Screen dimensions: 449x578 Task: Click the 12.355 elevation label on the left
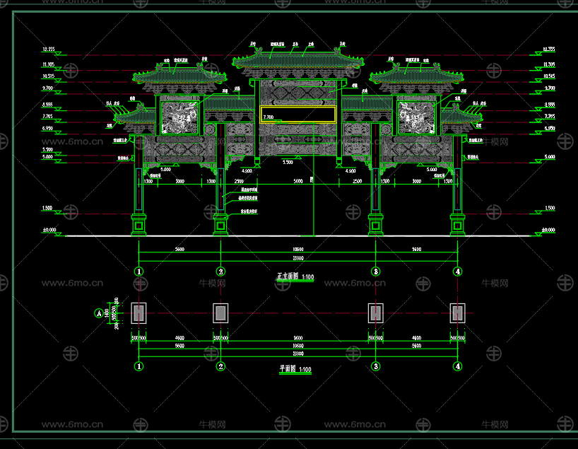tap(49, 49)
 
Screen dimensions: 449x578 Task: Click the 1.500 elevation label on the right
tap(550, 209)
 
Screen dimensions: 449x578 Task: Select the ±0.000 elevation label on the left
tap(49, 230)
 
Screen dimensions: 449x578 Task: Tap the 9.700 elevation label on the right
tap(550, 88)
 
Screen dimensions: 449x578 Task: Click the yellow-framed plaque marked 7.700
tap(297, 115)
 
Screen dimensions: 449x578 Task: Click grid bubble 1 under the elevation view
tap(139, 272)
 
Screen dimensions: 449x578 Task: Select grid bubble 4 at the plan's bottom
tap(458, 366)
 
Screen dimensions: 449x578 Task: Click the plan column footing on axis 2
tap(220, 313)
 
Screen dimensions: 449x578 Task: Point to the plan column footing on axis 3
tap(376, 313)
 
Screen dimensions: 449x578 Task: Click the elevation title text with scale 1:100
tap(295, 277)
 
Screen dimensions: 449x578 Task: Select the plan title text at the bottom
tap(295, 369)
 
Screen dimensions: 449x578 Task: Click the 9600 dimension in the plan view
tap(298, 337)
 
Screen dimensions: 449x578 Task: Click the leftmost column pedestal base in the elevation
tap(139, 224)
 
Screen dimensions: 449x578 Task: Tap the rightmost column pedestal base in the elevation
tap(458, 224)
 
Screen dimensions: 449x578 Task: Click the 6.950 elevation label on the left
tap(48, 129)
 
